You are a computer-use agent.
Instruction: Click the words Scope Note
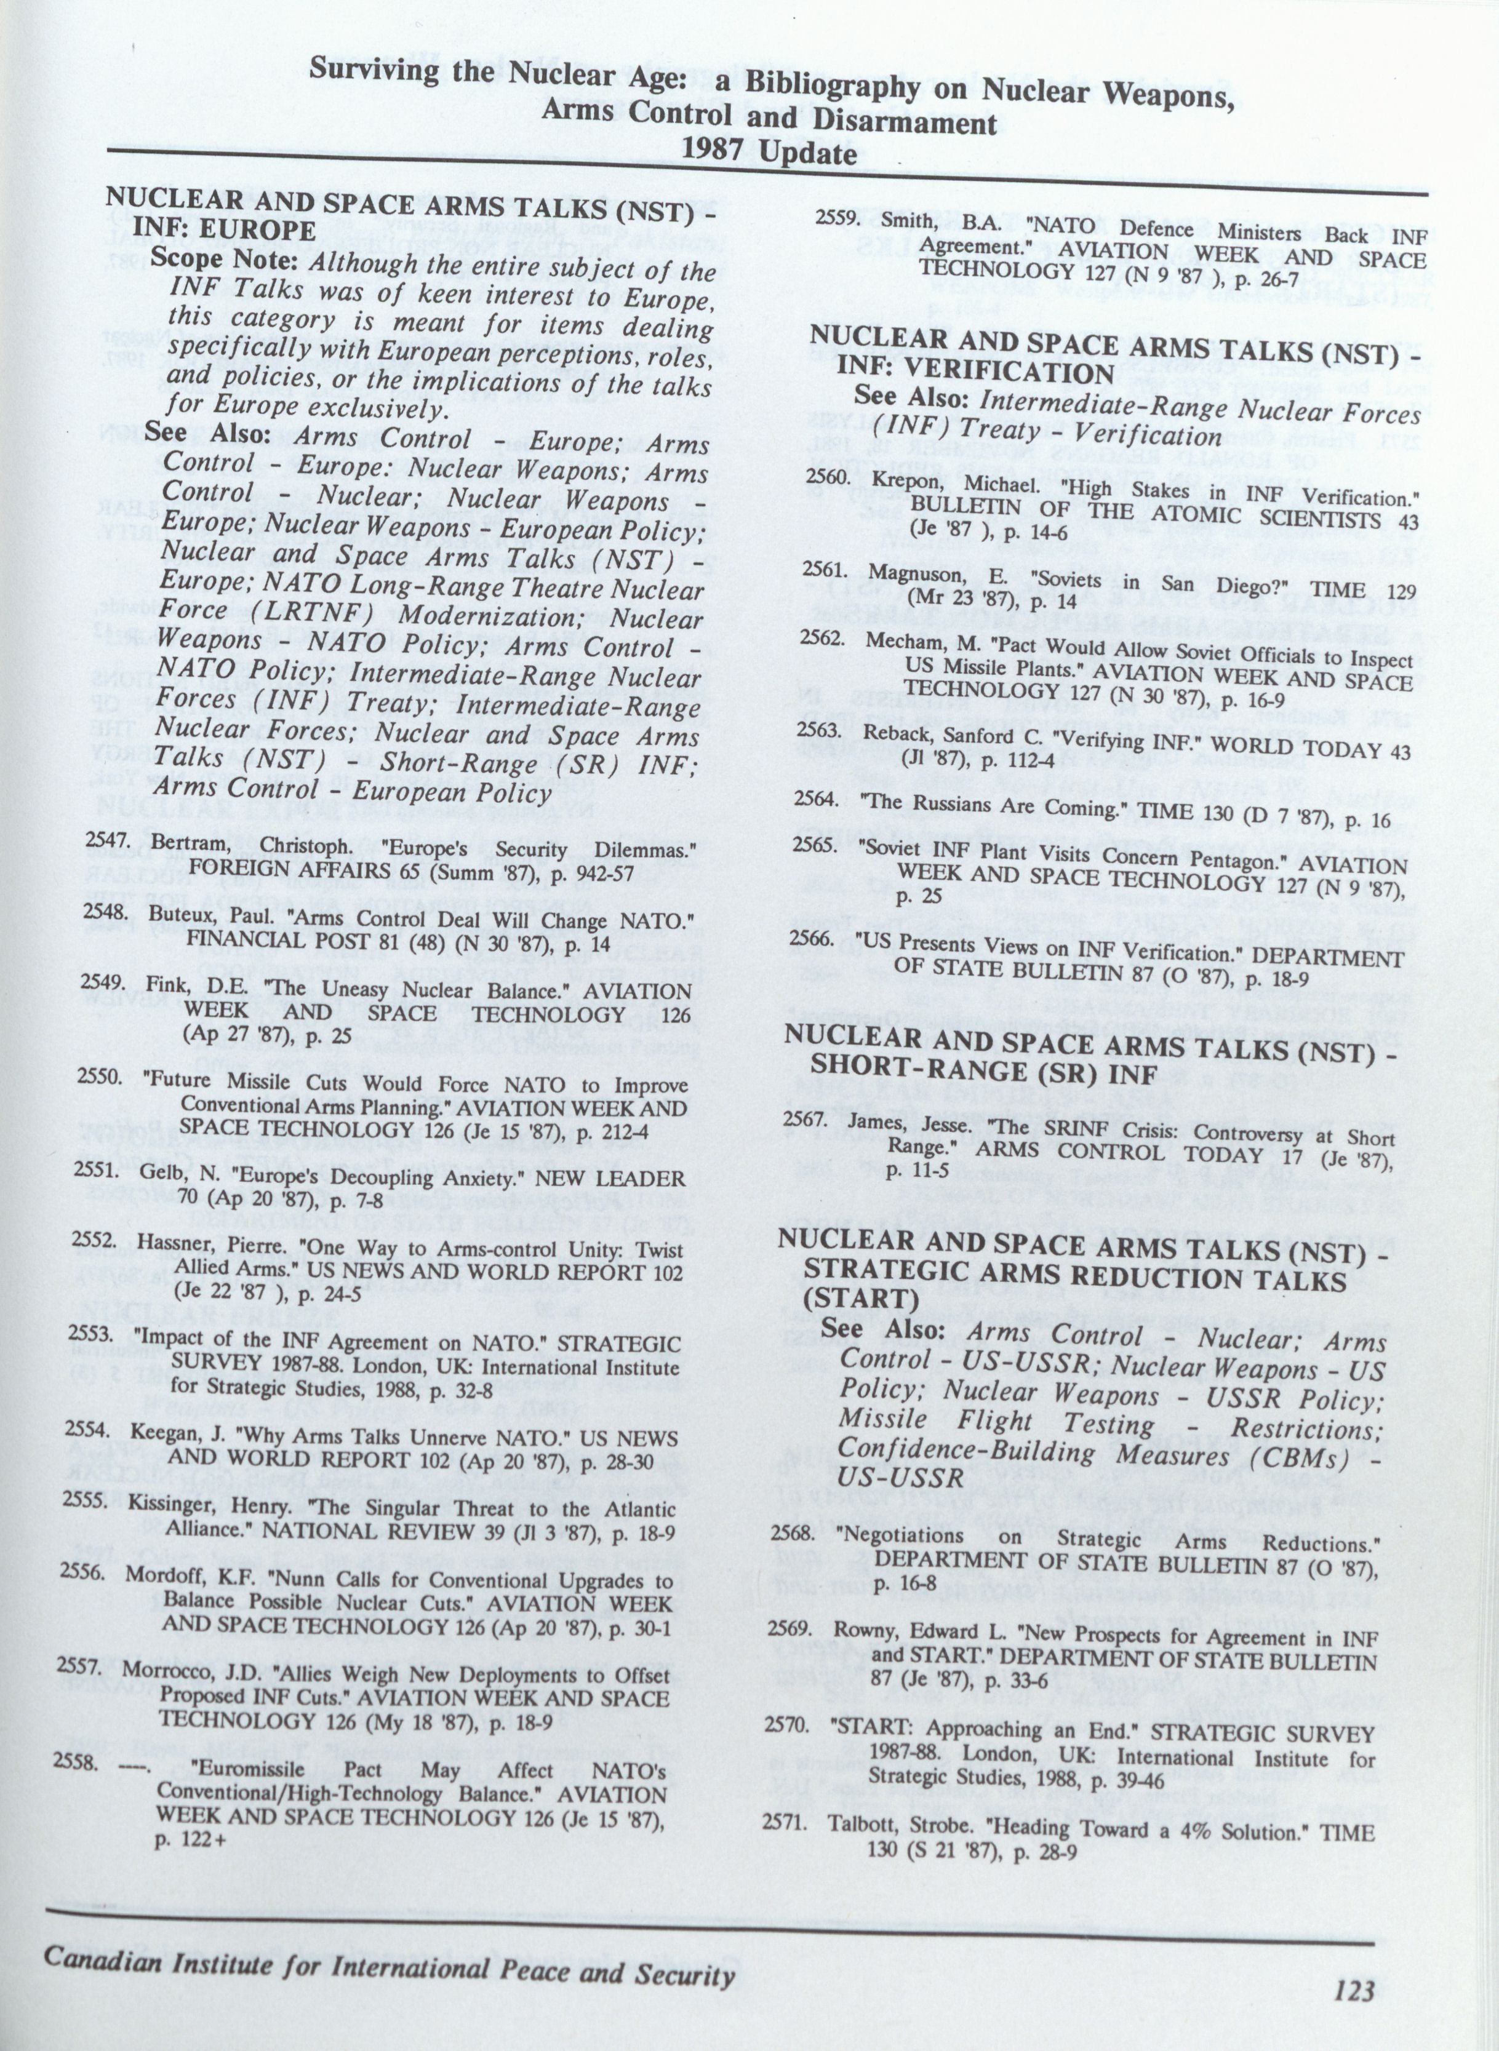(x=226, y=260)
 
